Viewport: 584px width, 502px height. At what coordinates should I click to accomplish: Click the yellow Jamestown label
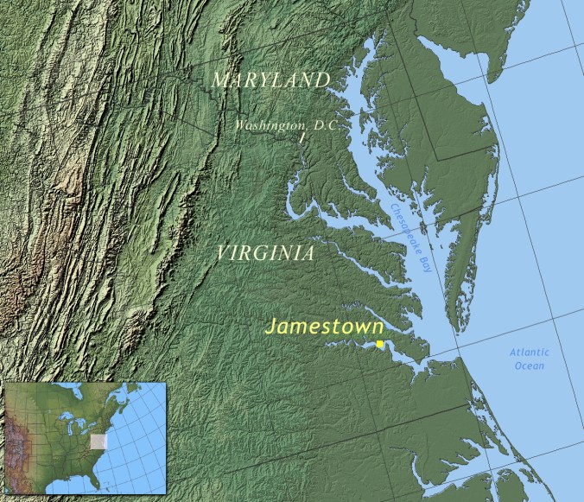pos(324,327)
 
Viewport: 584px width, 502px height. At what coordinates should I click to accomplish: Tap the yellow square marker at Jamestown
pos(379,344)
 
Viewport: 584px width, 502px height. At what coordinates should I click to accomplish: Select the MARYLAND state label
pos(270,80)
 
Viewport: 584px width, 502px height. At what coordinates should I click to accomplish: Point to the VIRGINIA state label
pos(265,253)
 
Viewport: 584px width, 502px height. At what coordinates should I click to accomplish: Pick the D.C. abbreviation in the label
pos(325,126)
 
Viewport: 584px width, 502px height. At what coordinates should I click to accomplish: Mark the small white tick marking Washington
pos(302,137)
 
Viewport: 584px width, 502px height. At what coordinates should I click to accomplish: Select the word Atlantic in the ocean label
pos(529,353)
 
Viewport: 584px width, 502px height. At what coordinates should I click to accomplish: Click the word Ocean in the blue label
pos(529,365)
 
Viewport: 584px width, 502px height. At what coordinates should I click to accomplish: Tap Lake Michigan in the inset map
pos(70,428)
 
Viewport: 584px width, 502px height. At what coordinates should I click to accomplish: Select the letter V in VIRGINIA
pos(223,253)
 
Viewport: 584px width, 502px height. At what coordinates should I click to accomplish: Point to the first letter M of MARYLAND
pos(220,81)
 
